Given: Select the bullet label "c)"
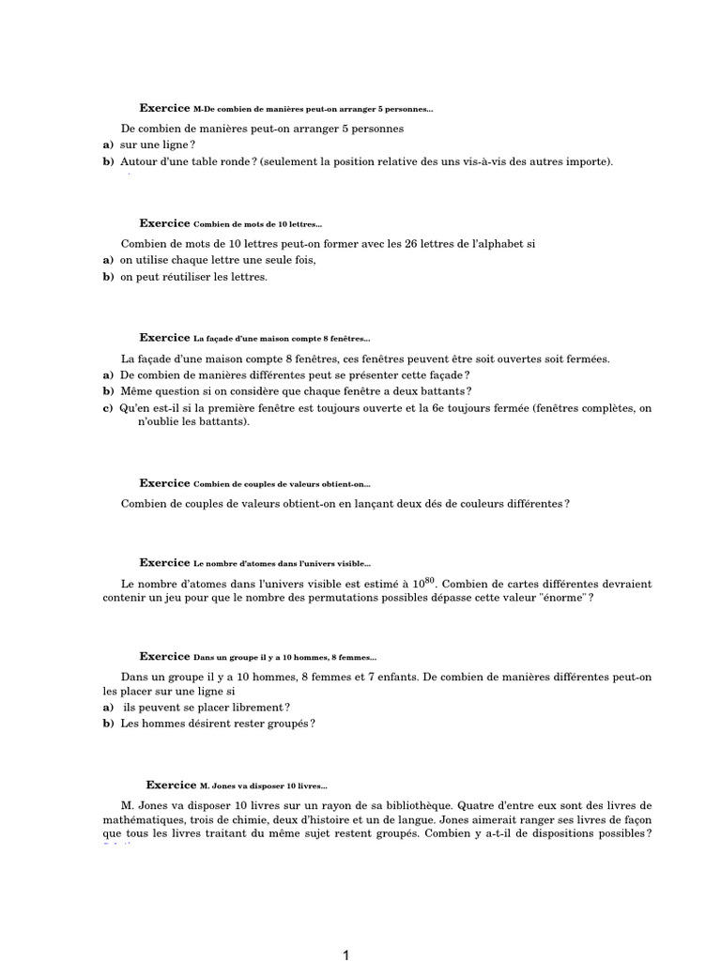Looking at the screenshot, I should click(108, 408).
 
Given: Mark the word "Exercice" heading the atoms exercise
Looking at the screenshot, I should click(164, 562).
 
